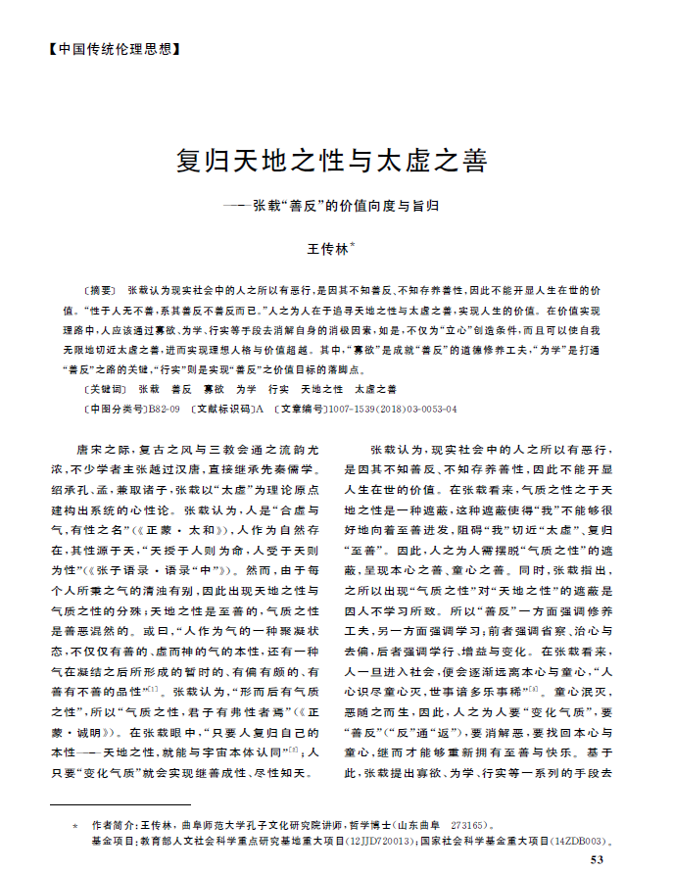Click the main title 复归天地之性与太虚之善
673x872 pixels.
point(332,161)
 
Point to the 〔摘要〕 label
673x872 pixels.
point(101,293)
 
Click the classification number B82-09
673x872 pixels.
point(164,408)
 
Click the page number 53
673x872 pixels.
point(599,859)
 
